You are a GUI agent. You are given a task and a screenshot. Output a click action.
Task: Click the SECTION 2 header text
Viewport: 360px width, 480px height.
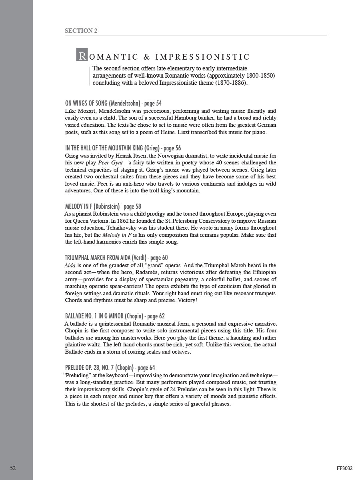coord(81,31)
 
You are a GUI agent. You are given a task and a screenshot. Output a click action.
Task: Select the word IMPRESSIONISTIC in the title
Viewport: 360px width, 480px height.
coord(202,57)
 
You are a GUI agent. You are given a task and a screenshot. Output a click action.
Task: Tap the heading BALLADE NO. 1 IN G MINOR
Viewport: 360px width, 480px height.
coord(104,316)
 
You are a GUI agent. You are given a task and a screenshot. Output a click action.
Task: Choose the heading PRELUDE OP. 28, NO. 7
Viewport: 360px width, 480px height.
coord(89,368)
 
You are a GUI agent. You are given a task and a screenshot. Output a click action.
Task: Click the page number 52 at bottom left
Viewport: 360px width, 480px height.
coord(13,468)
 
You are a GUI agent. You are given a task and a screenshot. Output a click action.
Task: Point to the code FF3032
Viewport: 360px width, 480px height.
coord(344,468)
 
